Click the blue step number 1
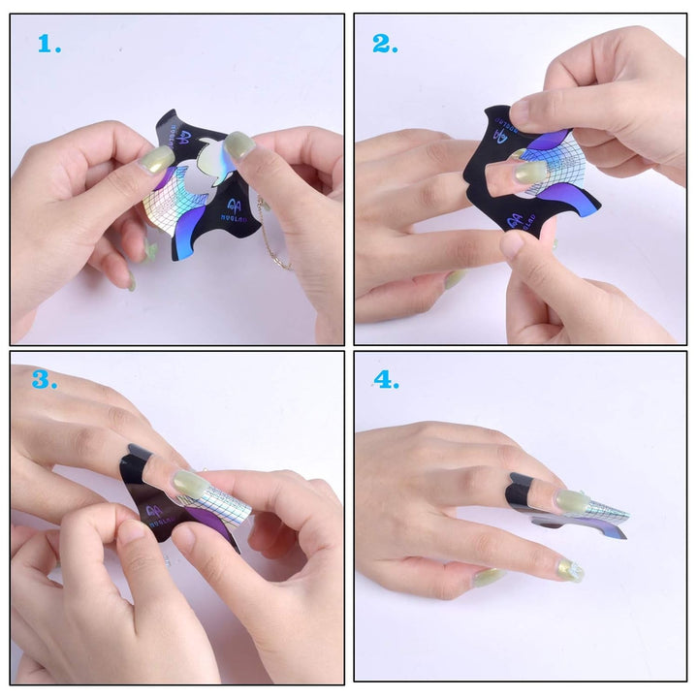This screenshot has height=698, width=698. coord(49,44)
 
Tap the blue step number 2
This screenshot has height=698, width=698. coord(385,44)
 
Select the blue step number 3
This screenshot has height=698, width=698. coord(44,379)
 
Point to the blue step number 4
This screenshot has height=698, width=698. coord(387,380)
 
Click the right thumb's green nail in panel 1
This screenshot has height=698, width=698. coord(238,145)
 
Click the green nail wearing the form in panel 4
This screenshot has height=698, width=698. coord(571,501)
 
